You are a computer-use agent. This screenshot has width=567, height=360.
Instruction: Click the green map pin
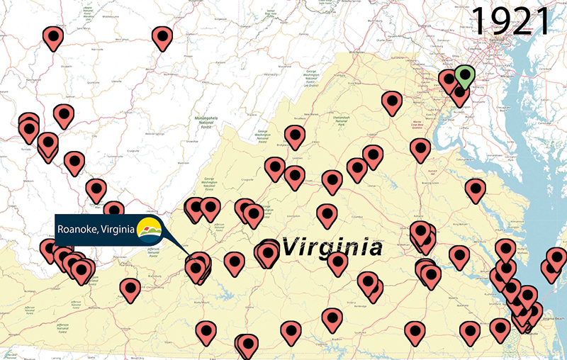[x=465, y=75]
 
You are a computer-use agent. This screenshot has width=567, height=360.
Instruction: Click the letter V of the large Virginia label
[x=292, y=247]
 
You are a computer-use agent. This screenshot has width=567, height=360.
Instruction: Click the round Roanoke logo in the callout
[x=149, y=230]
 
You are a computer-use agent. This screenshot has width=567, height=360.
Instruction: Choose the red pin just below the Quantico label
[x=420, y=150]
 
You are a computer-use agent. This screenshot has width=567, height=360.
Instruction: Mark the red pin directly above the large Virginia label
[x=327, y=215]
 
